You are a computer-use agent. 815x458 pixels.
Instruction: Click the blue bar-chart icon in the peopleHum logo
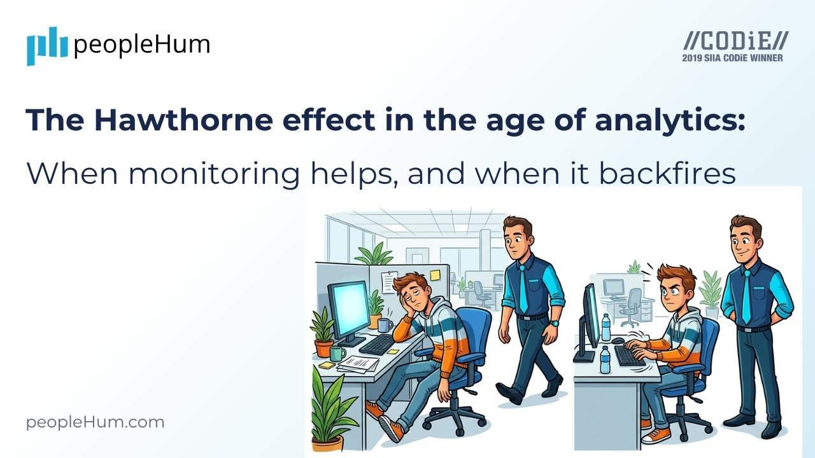(46, 45)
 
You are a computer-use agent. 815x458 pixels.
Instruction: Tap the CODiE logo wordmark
(735, 42)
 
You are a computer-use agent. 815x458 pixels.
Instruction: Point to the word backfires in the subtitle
(667, 173)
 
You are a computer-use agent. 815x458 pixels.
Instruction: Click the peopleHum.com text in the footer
(96, 422)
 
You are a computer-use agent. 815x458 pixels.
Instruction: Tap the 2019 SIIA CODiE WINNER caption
(732, 58)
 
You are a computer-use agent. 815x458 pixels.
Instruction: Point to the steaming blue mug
(385, 325)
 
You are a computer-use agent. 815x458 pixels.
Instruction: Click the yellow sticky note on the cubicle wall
(435, 275)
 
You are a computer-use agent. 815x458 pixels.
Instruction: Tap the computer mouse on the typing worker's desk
(617, 341)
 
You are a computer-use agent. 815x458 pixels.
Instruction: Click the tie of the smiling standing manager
(746, 296)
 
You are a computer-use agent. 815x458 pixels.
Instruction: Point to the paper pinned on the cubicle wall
(389, 282)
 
